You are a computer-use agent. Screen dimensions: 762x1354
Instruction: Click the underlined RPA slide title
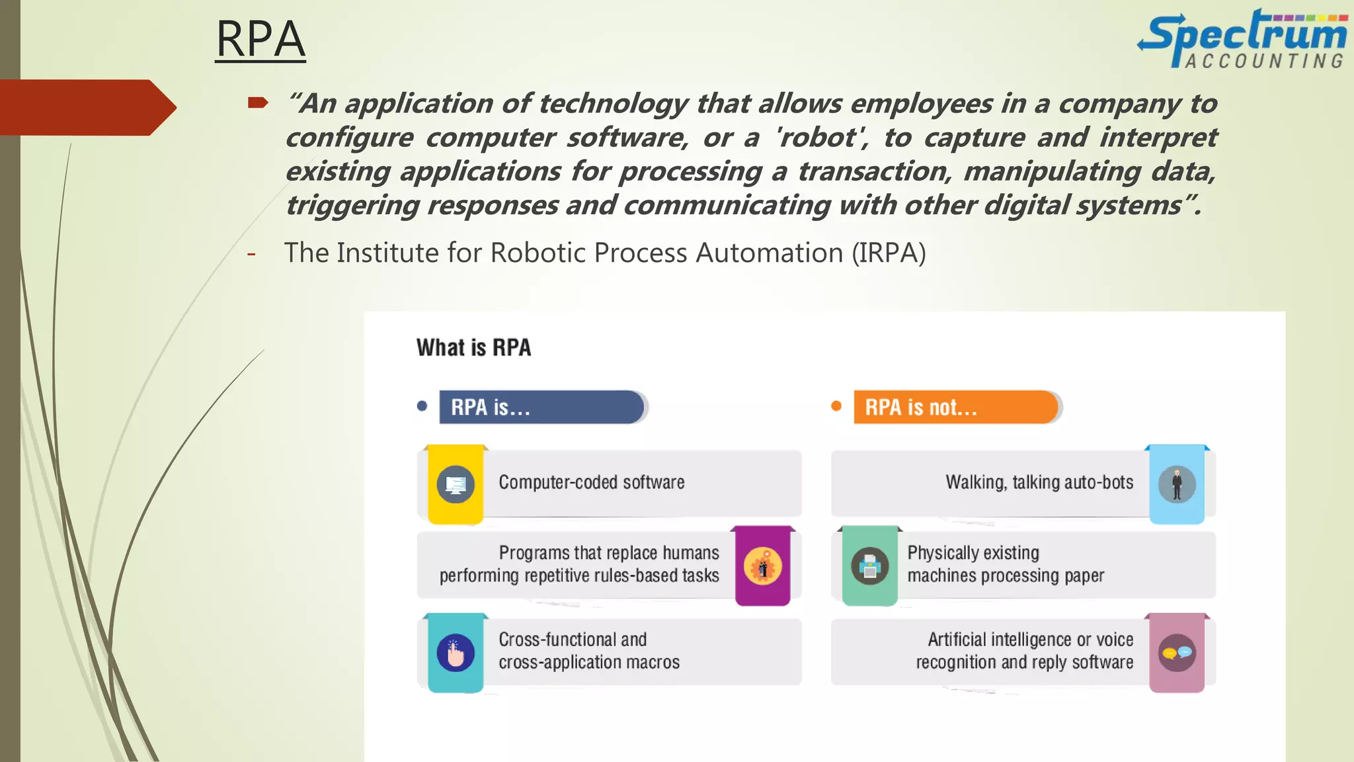click(x=260, y=39)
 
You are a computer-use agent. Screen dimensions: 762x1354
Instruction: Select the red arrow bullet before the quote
click(x=257, y=103)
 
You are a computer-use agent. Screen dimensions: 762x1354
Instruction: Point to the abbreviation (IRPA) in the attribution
click(x=889, y=253)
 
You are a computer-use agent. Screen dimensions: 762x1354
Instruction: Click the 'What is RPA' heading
click(x=473, y=348)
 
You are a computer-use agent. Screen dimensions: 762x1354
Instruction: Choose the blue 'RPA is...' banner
click(x=541, y=407)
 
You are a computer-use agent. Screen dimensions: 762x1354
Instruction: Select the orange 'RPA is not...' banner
click(x=955, y=407)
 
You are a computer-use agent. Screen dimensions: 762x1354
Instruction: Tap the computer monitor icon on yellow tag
click(x=456, y=485)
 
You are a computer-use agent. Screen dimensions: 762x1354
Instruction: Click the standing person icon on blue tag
click(x=1177, y=485)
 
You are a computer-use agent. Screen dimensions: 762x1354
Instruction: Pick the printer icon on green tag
click(x=869, y=566)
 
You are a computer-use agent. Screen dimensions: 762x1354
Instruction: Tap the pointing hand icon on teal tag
click(x=456, y=654)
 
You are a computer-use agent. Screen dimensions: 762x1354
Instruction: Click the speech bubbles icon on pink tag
click(x=1177, y=654)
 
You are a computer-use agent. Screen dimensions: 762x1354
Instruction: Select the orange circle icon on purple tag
click(x=762, y=567)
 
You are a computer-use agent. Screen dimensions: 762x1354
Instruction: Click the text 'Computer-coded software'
click(x=592, y=482)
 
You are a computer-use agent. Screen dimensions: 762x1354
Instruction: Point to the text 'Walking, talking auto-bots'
click(x=1039, y=482)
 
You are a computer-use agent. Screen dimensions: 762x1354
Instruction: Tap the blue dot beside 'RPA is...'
click(x=422, y=406)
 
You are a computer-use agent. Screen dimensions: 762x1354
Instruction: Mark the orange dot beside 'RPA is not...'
click(x=836, y=406)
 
